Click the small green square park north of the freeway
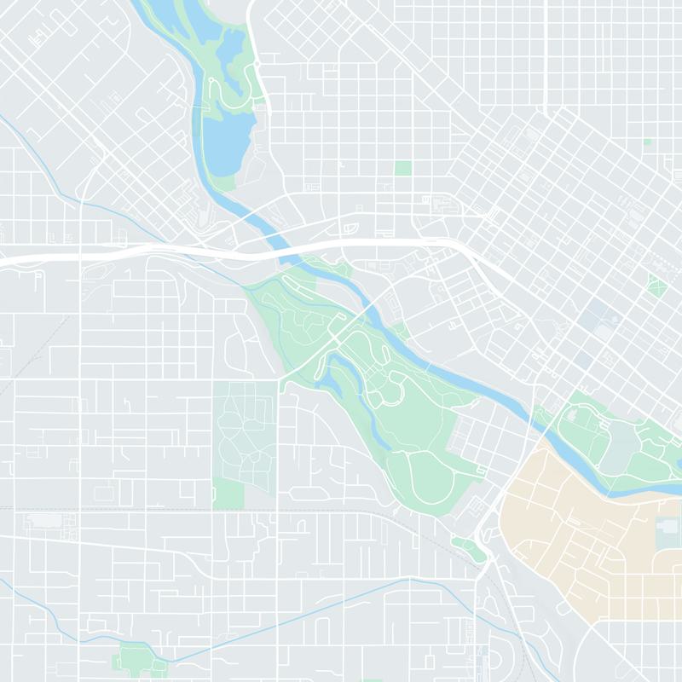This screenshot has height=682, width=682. pos(402,168)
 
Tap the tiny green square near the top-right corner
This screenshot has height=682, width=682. pos(647,142)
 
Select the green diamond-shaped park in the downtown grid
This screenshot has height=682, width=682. pos(656,285)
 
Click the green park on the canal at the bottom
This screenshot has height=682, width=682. pos(136,659)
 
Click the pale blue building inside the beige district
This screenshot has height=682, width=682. pos(668,534)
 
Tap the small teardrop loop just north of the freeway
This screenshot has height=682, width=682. pos(350,228)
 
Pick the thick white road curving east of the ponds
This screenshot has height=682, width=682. pos(261,85)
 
